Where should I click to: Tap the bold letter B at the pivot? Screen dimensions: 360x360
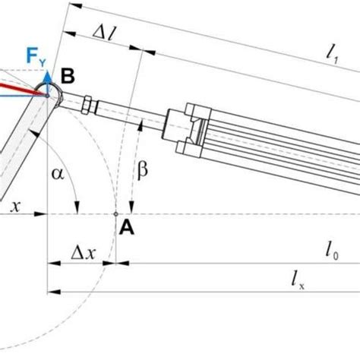pyautogui.click(x=68, y=75)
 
